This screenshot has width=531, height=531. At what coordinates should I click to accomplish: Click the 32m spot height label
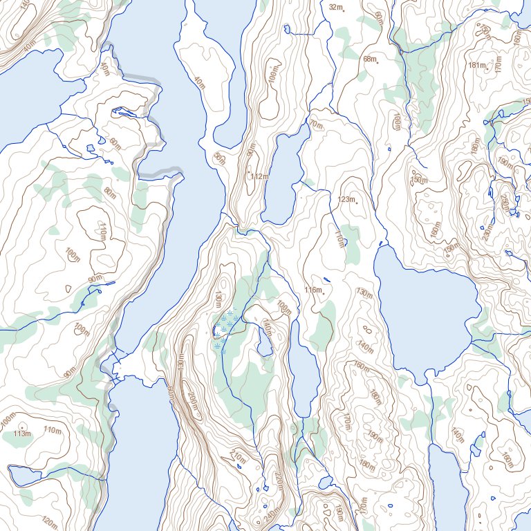coord(335,8)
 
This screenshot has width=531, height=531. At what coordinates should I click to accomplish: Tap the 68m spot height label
coord(370,59)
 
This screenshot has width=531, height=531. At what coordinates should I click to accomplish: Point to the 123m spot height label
coord(346,200)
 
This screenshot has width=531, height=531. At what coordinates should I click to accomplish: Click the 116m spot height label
coord(313,290)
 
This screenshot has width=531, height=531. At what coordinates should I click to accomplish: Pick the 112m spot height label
coord(259,177)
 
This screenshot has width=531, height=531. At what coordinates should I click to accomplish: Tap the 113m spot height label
coord(23,434)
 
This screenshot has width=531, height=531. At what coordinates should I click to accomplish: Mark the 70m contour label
coord(316,125)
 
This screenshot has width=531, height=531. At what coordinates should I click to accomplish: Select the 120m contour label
coord(50,520)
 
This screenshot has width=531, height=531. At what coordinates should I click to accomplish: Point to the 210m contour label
coord(237,456)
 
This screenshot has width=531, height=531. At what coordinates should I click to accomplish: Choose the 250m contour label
coord(504,203)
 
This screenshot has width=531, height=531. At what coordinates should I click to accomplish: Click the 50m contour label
coord(219,158)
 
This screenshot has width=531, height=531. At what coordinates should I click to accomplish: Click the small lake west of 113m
coord(25,475)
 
